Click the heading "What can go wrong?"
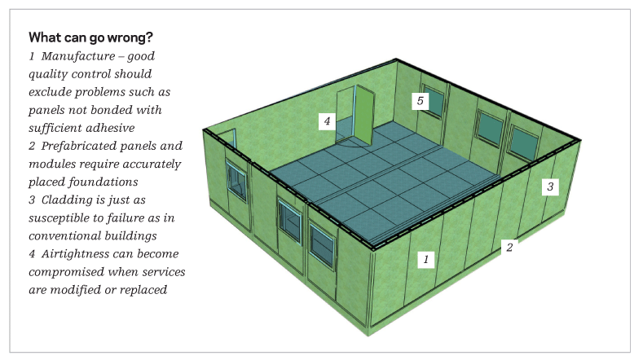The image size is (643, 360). click(x=90, y=37)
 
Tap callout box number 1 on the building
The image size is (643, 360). click(x=426, y=259)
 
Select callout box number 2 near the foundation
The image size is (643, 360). click(x=509, y=248)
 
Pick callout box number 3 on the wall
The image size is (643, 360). click(x=550, y=187)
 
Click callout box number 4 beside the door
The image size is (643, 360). click(x=327, y=121)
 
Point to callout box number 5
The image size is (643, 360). click(x=420, y=101)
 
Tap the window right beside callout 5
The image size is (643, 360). click(x=434, y=102)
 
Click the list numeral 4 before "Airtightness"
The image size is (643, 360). click(x=32, y=254)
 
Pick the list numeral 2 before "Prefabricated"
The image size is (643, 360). click(x=32, y=146)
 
